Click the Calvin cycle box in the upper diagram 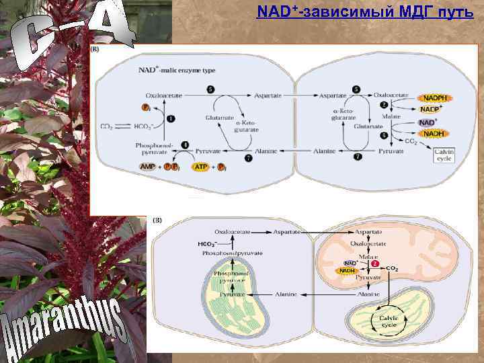click(x=444, y=156)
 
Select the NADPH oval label click(x=435, y=98)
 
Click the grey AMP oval click(x=147, y=166)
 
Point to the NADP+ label click(x=431, y=110)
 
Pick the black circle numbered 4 click(x=185, y=145)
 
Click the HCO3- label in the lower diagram click(x=206, y=243)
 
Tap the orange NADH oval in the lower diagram click(x=347, y=270)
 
